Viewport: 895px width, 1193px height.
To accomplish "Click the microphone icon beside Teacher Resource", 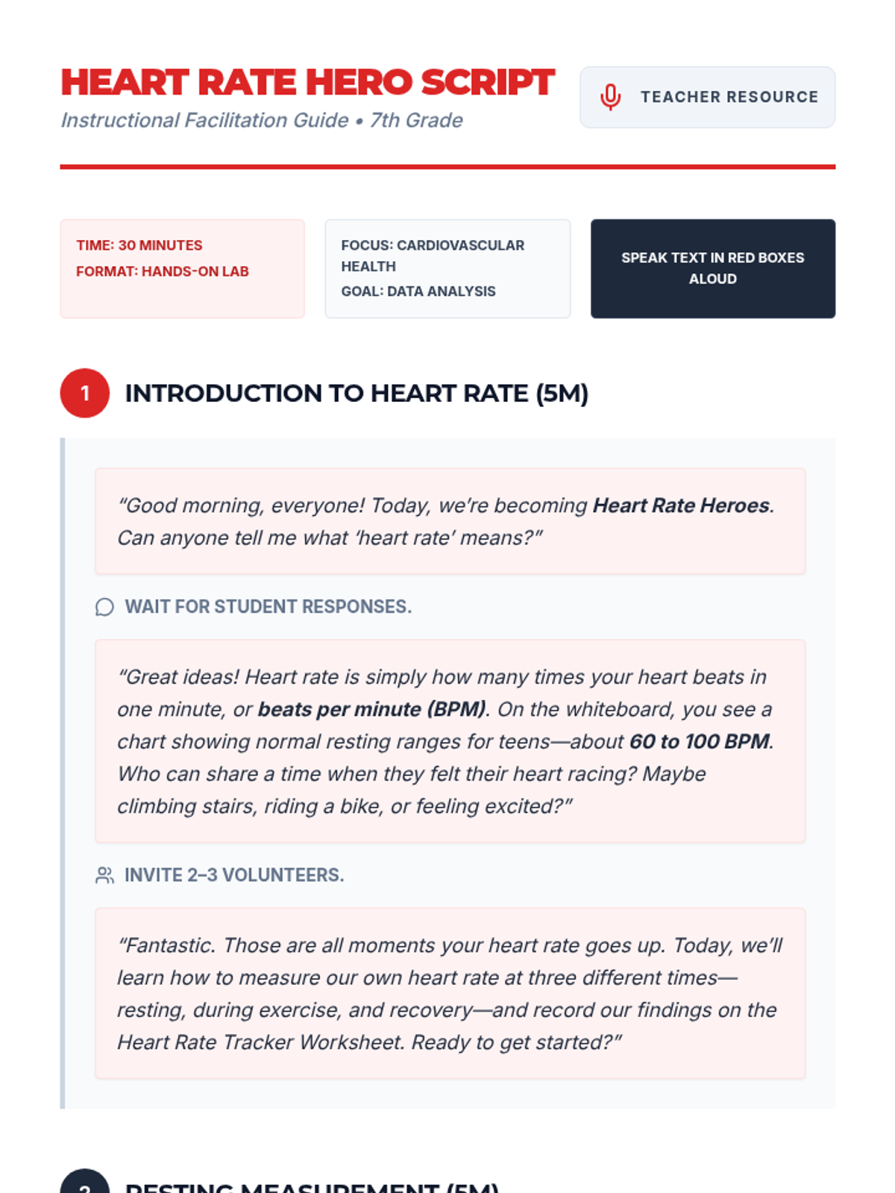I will click(610, 97).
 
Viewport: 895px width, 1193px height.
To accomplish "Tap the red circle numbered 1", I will click(85, 393).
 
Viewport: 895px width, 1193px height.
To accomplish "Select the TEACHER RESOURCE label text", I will click(729, 97).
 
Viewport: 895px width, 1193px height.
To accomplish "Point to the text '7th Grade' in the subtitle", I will click(416, 120).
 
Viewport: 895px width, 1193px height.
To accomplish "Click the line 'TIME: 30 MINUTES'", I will click(139, 245).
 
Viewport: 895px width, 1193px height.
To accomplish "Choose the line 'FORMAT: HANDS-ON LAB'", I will click(163, 271).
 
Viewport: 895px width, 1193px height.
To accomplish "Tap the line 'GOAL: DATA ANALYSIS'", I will click(418, 292).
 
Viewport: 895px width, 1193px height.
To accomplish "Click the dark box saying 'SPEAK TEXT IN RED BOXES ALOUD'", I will click(712, 268).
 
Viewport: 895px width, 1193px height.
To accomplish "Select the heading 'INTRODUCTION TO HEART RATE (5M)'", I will click(357, 393).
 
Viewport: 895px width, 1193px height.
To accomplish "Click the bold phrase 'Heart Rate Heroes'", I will click(681, 506).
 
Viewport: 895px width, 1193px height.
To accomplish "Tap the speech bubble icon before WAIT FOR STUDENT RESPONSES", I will click(104, 607).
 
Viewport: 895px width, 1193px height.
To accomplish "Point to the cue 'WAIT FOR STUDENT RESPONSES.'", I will click(268, 607).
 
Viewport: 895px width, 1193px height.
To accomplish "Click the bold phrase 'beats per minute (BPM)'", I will click(371, 709).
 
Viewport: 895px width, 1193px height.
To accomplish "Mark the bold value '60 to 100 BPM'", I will click(699, 741).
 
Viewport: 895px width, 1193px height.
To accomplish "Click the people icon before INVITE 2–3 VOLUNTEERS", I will click(104, 875).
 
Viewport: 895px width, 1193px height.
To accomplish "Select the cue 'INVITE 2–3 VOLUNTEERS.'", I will click(234, 875).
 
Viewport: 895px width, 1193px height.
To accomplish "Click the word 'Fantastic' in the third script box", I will click(167, 945).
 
